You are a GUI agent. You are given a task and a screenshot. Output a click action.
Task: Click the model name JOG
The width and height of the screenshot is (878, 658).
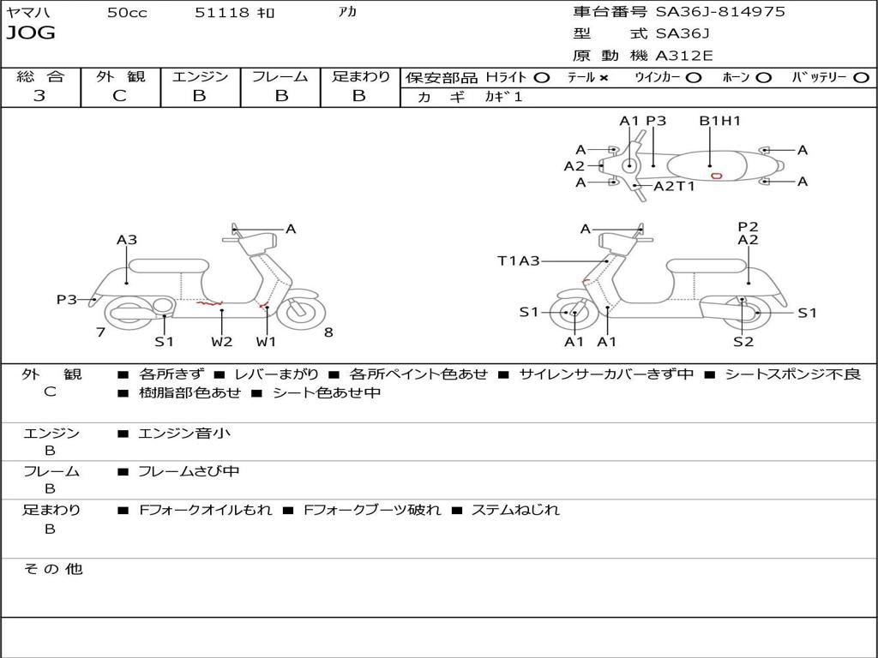pos(31,33)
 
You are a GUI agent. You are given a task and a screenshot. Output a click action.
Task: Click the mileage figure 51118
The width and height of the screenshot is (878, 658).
pos(222,13)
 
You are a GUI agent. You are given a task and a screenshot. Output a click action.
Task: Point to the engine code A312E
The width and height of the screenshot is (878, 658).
pos(683,57)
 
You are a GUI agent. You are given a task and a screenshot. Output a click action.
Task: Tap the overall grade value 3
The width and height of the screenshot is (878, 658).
pos(39,96)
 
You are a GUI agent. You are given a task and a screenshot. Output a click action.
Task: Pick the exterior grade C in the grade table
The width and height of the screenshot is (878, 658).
pos(120,96)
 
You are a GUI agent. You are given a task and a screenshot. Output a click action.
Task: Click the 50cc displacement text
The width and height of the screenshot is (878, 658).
pos(127,13)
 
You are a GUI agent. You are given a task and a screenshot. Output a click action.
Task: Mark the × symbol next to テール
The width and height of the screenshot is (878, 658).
pos(604,78)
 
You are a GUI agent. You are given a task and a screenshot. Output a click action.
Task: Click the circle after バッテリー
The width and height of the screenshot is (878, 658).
pos(861,78)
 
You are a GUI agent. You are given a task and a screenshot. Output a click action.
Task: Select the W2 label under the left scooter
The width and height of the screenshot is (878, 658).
pos(222,341)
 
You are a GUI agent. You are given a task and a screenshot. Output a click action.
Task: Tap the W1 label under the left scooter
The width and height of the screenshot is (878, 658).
pos(267,341)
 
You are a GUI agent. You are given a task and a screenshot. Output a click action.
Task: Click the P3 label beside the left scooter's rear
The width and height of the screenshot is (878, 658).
pos(67,299)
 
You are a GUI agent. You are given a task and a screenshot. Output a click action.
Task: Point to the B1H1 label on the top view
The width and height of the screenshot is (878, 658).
pos(719,121)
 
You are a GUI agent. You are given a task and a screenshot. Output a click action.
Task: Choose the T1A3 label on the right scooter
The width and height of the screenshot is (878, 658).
pos(519,260)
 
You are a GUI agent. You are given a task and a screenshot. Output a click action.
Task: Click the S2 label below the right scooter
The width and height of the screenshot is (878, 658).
pos(743,341)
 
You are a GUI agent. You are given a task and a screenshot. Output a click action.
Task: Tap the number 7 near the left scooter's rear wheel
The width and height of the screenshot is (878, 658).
pos(100,332)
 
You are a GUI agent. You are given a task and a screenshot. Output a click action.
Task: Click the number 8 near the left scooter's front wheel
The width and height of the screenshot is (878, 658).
pos(328,332)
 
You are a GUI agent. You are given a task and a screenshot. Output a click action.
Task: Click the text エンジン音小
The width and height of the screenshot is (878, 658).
pos(184,434)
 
